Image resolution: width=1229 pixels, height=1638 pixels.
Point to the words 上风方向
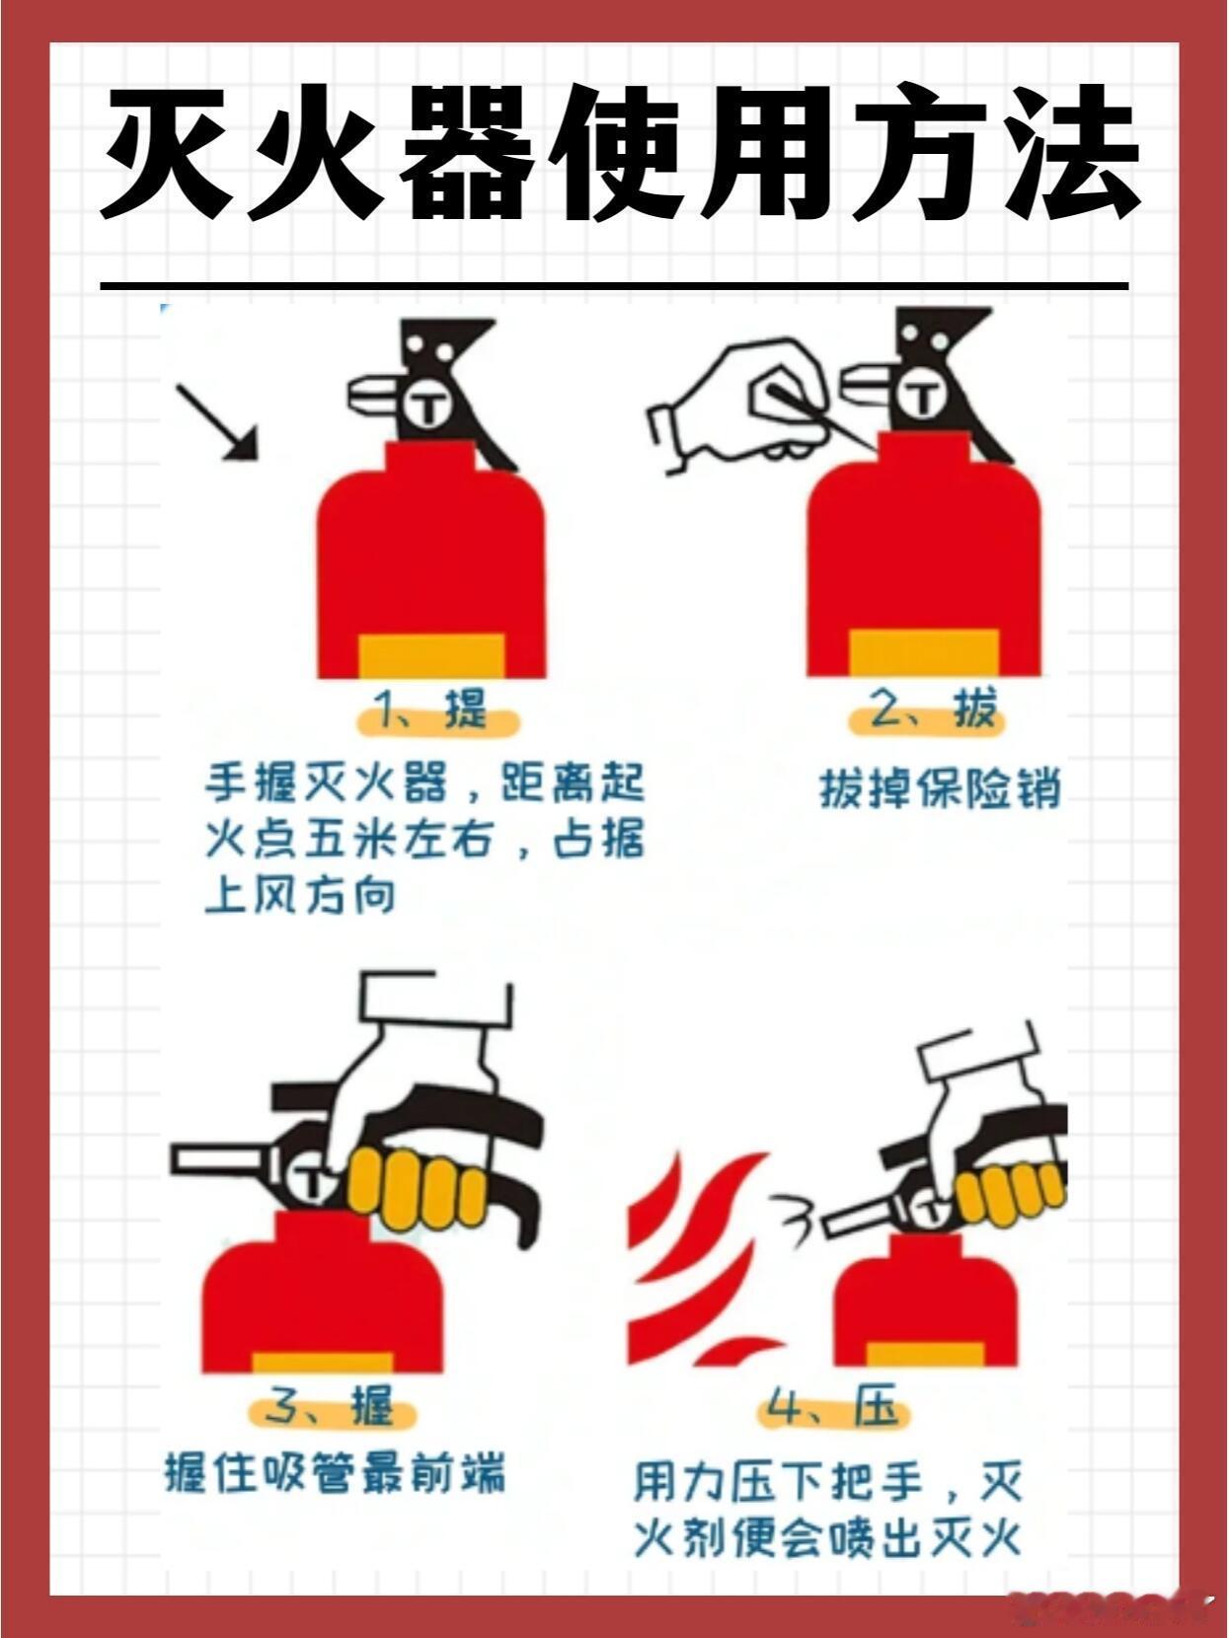click(x=300, y=896)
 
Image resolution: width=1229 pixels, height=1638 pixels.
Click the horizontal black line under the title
click(x=614, y=286)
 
